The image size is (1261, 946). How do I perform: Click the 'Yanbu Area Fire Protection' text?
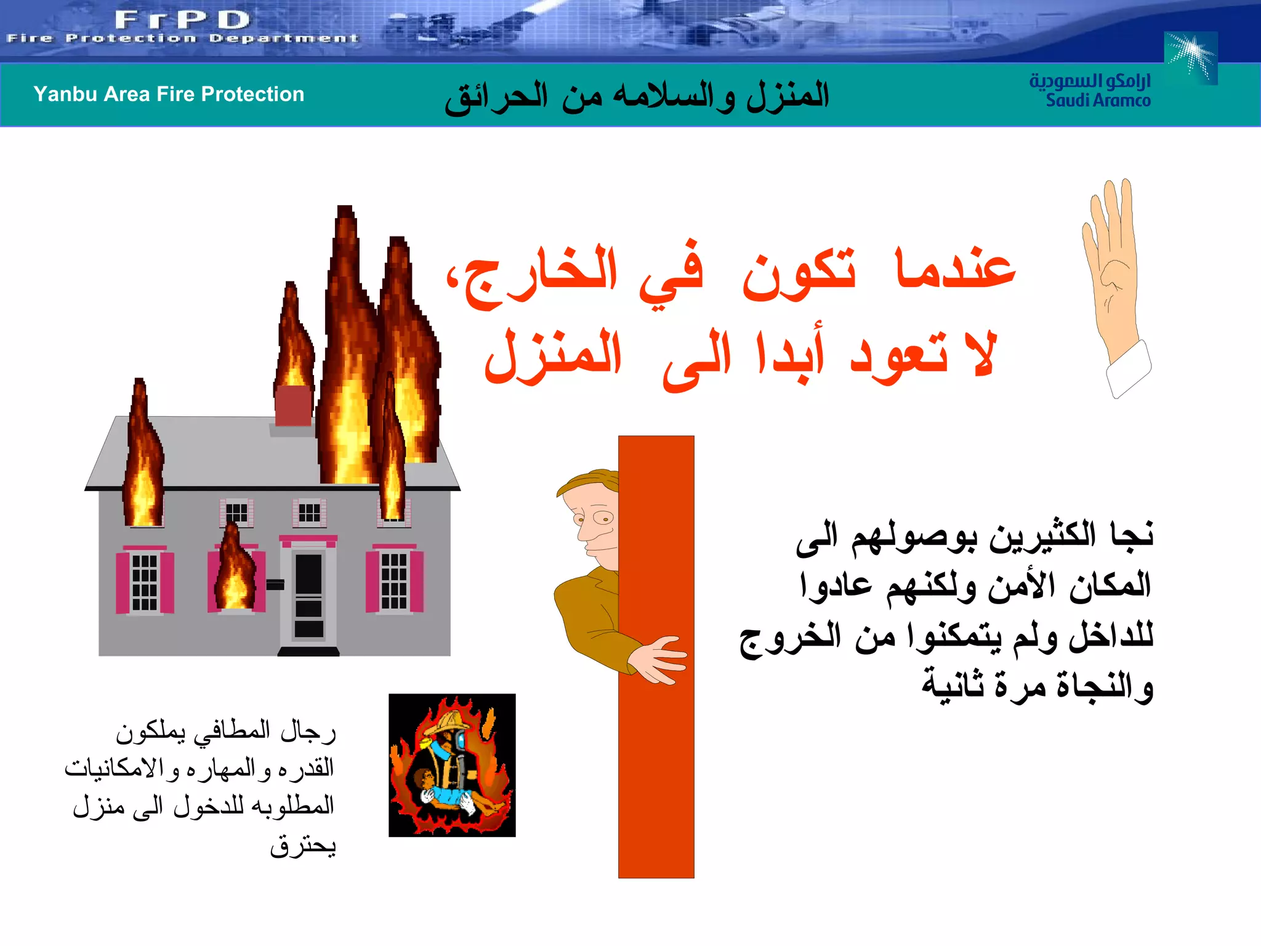pos(169,94)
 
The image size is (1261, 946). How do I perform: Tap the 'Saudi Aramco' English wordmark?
pos(1098,100)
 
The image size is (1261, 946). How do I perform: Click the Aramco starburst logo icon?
pos(1191,57)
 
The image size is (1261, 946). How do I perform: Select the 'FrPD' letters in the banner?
pos(182,20)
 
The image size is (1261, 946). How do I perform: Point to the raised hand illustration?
pos(1114,283)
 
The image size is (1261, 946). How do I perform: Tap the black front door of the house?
pos(308,595)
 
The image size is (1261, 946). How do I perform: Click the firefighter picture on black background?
pos(452,765)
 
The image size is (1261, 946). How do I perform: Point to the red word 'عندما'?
pos(955,269)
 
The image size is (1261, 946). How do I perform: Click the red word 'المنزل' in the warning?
pos(553,356)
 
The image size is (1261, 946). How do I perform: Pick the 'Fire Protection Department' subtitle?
pos(182,39)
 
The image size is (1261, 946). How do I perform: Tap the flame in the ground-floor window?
pos(234,570)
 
